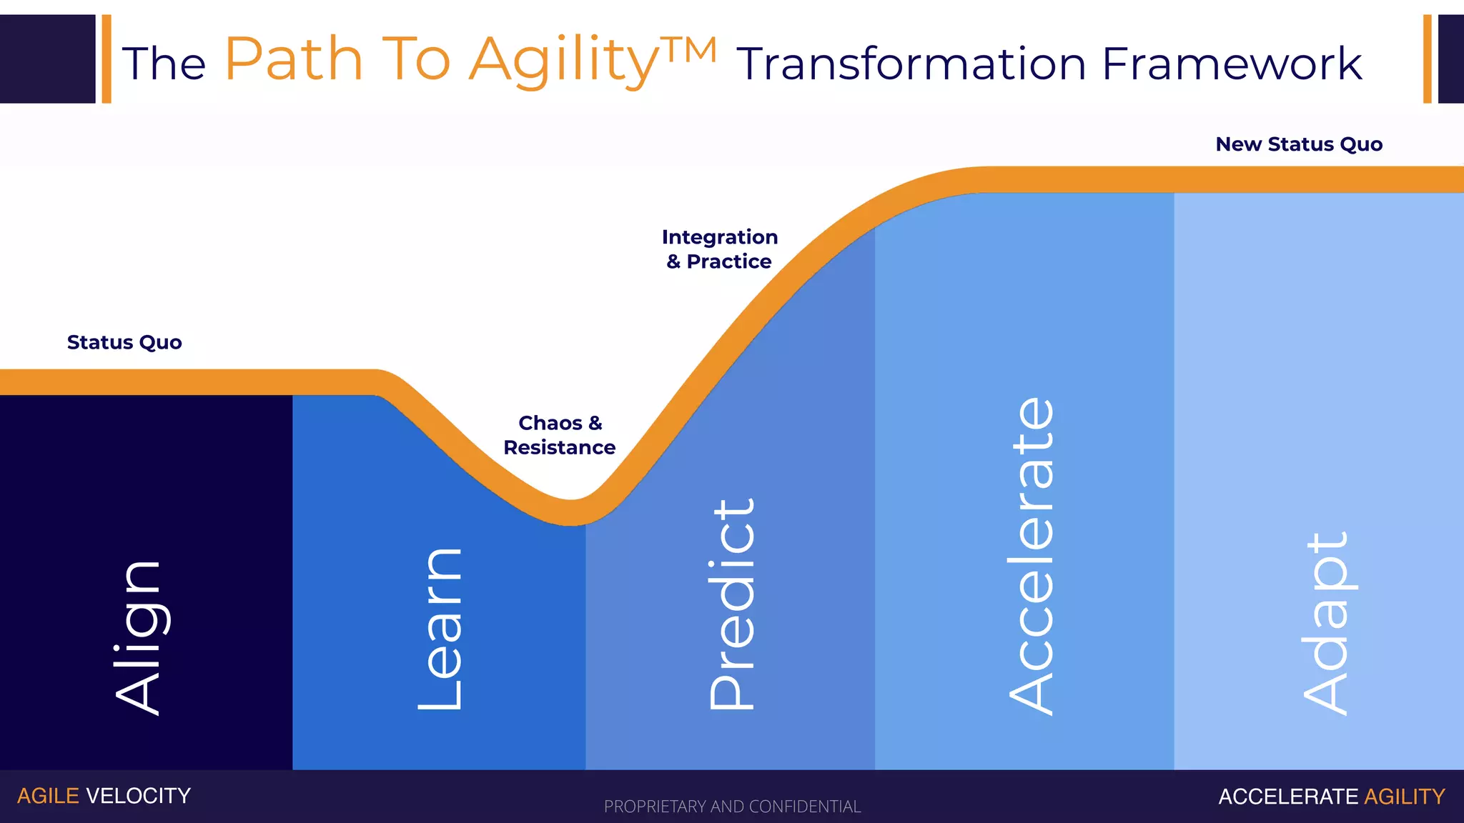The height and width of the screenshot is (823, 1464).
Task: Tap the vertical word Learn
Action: click(440, 629)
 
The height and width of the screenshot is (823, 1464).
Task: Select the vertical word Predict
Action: click(732, 604)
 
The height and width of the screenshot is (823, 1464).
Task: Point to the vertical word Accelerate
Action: click(1032, 556)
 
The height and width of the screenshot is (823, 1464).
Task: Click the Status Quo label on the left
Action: click(124, 342)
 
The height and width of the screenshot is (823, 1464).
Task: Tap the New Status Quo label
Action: click(1299, 144)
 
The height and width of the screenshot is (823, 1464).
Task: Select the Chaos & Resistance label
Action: click(560, 435)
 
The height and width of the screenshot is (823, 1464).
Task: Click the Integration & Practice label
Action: click(719, 249)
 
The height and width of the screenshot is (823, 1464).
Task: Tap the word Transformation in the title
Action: click(912, 64)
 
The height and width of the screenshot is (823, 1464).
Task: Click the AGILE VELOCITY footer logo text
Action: click(104, 796)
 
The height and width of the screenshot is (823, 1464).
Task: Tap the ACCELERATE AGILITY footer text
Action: click(1331, 797)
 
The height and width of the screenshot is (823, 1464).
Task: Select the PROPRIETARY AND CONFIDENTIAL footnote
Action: click(732, 807)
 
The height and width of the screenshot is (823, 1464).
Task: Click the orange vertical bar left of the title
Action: click(107, 59)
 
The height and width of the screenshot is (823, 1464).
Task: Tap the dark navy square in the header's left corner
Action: click(47, 59)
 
